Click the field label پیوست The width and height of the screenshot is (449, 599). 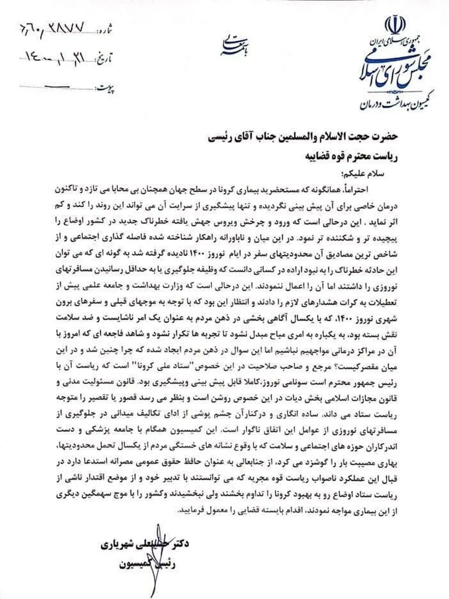point(106,89)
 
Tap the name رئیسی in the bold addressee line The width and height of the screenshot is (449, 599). point(221,137)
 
